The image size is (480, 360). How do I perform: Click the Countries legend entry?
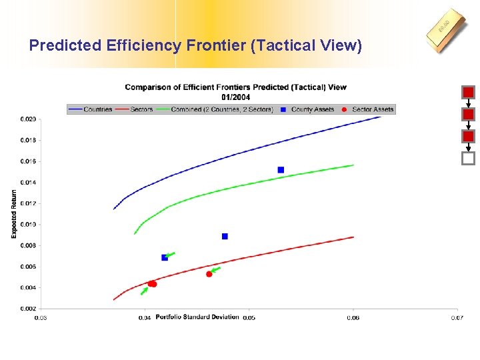click(x=90, y=109)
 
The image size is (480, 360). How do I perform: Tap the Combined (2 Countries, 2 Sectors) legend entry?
click(x=214, y=109)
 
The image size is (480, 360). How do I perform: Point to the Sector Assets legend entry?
click(x=367, y=109)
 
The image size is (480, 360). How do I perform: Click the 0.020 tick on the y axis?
click(x=28, y=119)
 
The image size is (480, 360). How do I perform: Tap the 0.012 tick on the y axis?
click(x=28, y=203)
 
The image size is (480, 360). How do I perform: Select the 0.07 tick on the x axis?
click(x=457, y=318)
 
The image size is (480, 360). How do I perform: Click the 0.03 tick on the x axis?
click(x=41, y=318)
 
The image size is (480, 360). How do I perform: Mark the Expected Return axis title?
click(x=14, y=214)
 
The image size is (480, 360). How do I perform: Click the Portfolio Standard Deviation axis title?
click(x=197, y=317)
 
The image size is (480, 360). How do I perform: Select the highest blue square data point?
click(x=281, y=170)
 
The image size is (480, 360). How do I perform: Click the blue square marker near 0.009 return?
click(x=225, y=236)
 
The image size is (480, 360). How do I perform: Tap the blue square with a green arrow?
click(x=165, y=257)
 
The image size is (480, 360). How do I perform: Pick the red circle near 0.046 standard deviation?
click(x=209, y=274)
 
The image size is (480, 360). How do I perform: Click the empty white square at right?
click(x=468, y=159)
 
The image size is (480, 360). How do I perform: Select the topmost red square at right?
click(x=468, y=92)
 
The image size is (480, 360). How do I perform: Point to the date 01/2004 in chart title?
click(x=235, y=97)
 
